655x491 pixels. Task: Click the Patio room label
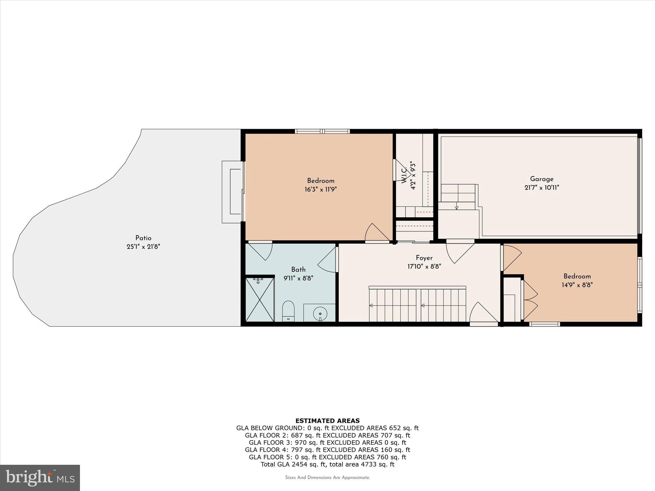(x=143, y=238)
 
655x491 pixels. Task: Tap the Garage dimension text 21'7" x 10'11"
(x=541, y=188)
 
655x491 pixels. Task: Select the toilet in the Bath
(x=288, y=311)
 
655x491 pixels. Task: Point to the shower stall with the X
(x=260, y=300)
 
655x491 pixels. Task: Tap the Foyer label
(x=424, y=258)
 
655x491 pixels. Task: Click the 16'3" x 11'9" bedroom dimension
(x=320, y=190)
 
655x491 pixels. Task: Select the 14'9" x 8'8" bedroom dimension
(x=577, y=285)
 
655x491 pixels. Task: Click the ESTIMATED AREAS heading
(x=327, y=421)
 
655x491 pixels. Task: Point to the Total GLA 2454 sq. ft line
(x=327, y=464)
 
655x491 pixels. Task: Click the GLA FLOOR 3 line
(x=327, y=442)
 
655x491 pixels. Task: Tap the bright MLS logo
(x=40, y=478)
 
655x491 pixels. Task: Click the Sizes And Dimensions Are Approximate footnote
(x=327, y=478)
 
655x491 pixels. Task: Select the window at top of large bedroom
(x=322, y=131)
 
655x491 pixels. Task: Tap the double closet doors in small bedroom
(x=530, y=300)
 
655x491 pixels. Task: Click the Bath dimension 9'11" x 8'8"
(x=298, y=278)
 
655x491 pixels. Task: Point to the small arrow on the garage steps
(x=456, y=208)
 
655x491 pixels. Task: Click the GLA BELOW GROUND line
(x=327, y=428)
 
